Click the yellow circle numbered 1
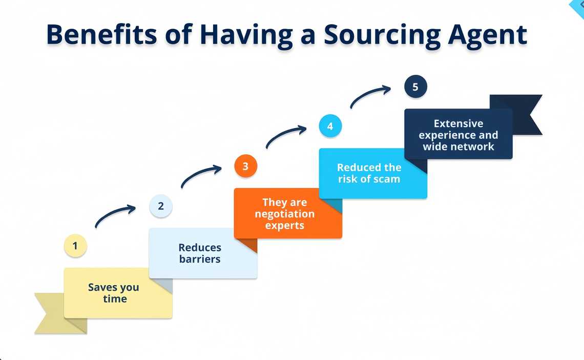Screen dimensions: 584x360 coord(75,246)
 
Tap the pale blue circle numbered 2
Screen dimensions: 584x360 coord(160,206)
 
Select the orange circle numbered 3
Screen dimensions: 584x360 coord(245,166)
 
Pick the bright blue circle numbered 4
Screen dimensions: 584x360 coord(330,126)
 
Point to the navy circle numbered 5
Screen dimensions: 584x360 coord(415,87)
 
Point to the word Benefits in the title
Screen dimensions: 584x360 coord(101,35)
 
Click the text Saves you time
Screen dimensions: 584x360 coord(114,293)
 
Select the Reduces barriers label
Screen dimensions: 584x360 coord(200,253)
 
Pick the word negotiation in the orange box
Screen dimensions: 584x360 coord(285,214)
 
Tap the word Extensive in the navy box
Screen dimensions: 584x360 coord(458,123)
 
